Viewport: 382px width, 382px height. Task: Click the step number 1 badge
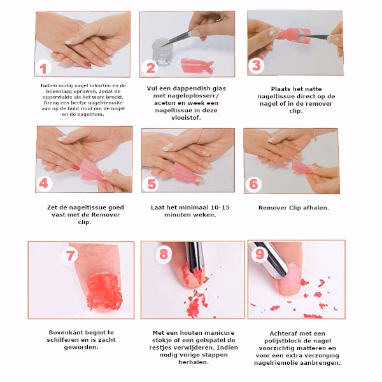43,68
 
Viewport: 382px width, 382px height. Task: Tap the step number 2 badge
150,67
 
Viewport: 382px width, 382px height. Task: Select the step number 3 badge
257,66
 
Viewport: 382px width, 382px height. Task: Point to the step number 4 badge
44,183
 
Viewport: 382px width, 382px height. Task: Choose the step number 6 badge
253,184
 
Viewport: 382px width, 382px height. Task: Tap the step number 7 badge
69,255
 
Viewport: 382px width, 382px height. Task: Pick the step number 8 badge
164,254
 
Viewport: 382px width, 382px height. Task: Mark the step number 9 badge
259,254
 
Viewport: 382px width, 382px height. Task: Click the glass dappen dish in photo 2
161,53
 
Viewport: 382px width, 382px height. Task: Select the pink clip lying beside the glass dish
197,65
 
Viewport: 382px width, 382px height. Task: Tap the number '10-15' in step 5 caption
220,208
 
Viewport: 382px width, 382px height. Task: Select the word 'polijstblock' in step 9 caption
285,341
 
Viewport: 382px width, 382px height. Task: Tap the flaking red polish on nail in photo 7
104,292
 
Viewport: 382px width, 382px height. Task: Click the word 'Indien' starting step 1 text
48,85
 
